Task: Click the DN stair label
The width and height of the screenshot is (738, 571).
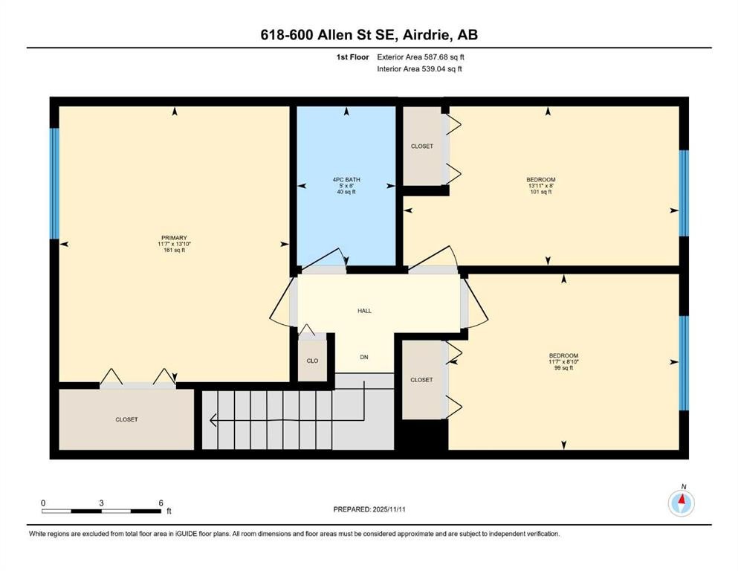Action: (x=364, y=358)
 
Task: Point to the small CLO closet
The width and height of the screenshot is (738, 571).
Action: (x=313, y=361)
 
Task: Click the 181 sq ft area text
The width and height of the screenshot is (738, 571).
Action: (x=173, y=251)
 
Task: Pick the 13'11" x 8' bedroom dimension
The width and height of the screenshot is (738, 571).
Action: (x=540, y=186)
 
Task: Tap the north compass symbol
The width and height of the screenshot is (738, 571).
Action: (x=681, y=503)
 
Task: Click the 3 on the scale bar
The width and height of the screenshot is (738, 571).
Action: (x=101, y=503)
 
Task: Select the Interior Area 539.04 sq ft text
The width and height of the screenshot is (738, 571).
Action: (x=420, y=69)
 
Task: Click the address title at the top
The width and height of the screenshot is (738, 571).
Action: (x=369, y=35)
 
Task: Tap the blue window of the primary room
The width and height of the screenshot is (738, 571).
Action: (x=54, y=184)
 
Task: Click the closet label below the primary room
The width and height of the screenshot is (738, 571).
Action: (x=126, y=419)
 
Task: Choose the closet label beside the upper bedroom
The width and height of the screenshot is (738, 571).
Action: (x=421, y=146)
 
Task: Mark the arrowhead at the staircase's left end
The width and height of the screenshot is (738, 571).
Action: (x=213, y=422)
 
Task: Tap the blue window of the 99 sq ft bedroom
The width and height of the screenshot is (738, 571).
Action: (x=684, y=363)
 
